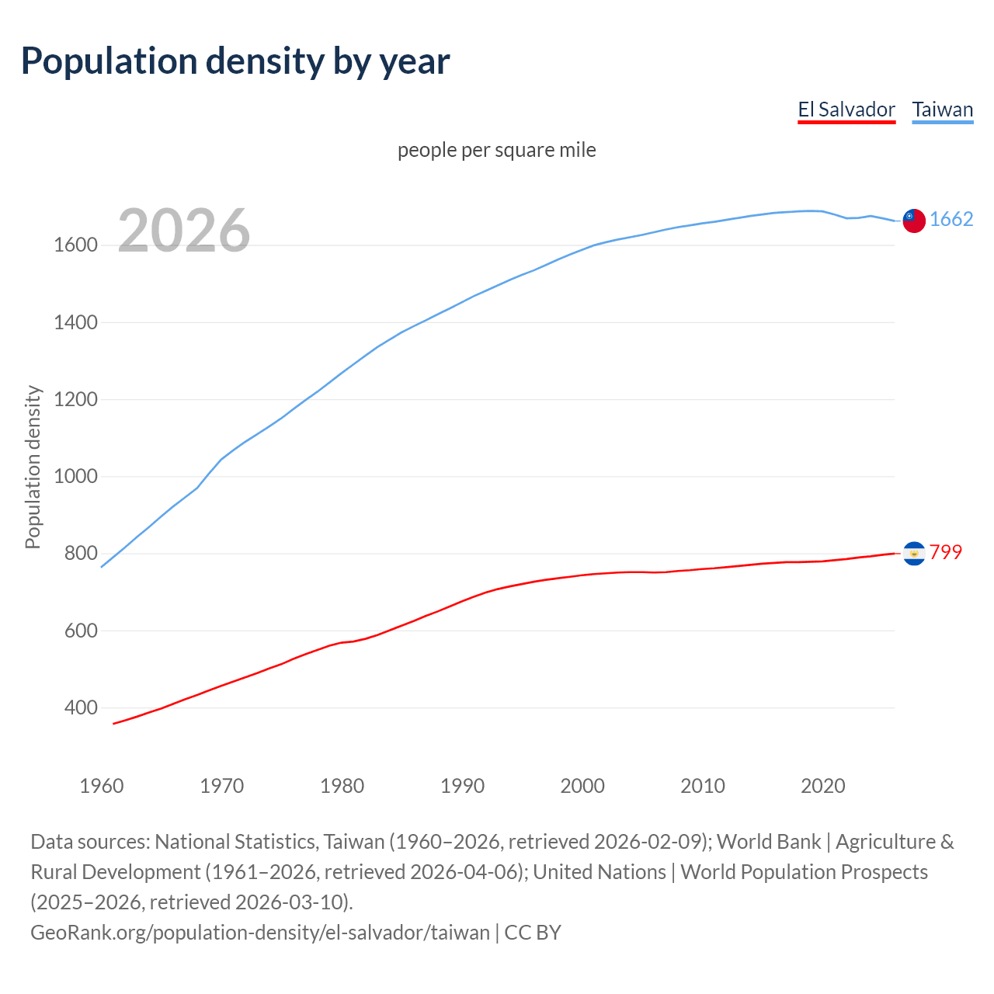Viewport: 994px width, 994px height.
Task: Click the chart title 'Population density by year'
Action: point(235,61)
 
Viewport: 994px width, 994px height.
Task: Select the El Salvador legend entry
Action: point(846,109)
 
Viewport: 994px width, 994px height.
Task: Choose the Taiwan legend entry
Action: point(943,109)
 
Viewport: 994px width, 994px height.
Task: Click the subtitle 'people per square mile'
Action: point(497,150)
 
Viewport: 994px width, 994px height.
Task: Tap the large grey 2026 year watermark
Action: point(184,231)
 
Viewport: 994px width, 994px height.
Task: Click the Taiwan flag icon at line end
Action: point(914,221)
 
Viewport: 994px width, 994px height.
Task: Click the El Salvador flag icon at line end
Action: point(914,553)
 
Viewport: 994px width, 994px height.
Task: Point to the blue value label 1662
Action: point(951,220)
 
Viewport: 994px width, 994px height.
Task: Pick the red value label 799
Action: point(946,552)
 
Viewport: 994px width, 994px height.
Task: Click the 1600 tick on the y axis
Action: point(75,245)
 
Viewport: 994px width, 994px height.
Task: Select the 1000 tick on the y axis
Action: point(75,477)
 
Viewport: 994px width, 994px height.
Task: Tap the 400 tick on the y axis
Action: point(82,708)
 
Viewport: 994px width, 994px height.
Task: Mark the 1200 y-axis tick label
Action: point(75,400)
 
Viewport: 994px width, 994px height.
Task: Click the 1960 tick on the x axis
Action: point(102,786)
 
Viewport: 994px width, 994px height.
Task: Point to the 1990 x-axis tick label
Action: point(462,786)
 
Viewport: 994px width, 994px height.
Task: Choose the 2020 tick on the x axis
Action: point(822,786)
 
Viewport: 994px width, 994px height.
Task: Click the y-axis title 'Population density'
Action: point(33,467)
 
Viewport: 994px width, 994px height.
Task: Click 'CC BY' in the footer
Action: point(533,933)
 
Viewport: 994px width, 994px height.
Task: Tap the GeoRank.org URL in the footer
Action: point(260,933)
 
